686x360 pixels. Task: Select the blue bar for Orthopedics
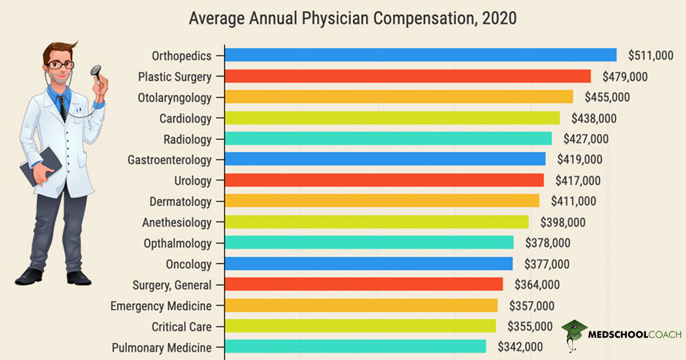pos(420,55)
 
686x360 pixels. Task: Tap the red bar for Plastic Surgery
pos(407,76)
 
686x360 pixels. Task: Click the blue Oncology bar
pos(368,263)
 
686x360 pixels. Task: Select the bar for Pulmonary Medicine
pos(354,346)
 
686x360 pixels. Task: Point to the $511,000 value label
pos(651,55)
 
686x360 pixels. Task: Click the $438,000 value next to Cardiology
pos(594,118)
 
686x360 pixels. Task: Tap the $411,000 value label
pos(573,201)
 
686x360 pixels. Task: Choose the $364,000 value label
pos(537,285)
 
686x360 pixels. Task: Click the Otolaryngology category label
pos(174,98)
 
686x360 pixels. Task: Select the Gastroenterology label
pos(169,160)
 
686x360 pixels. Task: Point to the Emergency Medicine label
pos(161,306)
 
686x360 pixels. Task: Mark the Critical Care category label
pos(181,327)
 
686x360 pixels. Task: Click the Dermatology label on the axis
pos(180,202)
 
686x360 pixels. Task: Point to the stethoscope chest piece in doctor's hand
pos(95,71)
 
